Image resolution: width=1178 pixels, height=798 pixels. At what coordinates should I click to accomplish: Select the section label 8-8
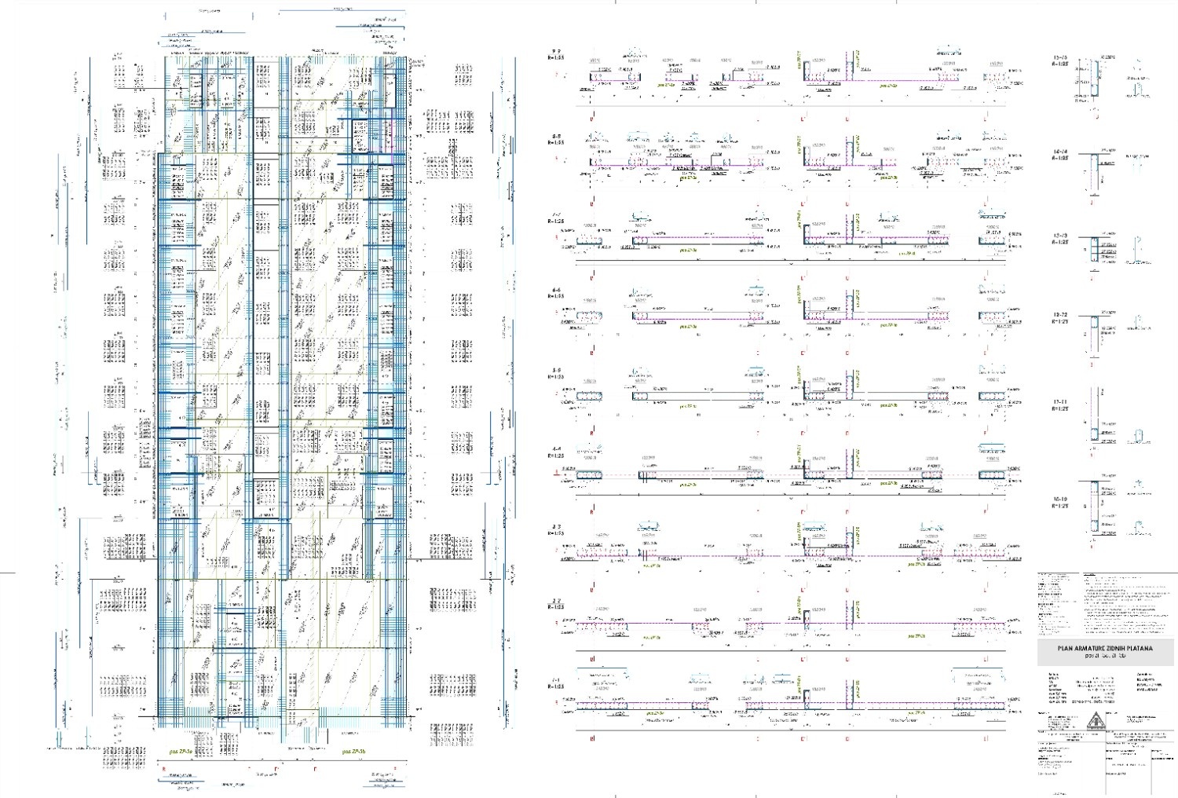pyautogui.click(x=556, y=136)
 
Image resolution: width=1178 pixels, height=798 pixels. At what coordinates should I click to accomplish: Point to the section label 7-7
pyautogui.click(x=556, y=214)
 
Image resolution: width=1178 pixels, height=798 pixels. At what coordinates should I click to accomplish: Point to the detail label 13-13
pyautogui.click(x=1060, y=235)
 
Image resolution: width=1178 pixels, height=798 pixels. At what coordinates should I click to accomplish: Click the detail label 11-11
pyautogui.click(x=1060, y=401)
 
